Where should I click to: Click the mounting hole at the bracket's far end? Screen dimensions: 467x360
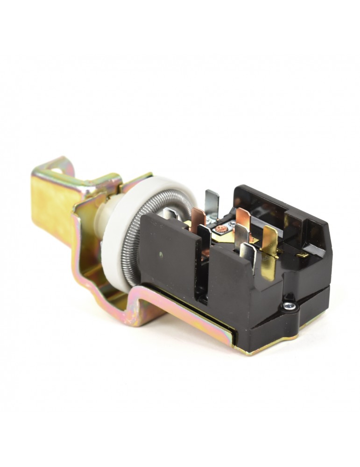[x=56, y=171]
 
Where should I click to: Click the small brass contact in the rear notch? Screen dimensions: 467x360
[x=303, y=255]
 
